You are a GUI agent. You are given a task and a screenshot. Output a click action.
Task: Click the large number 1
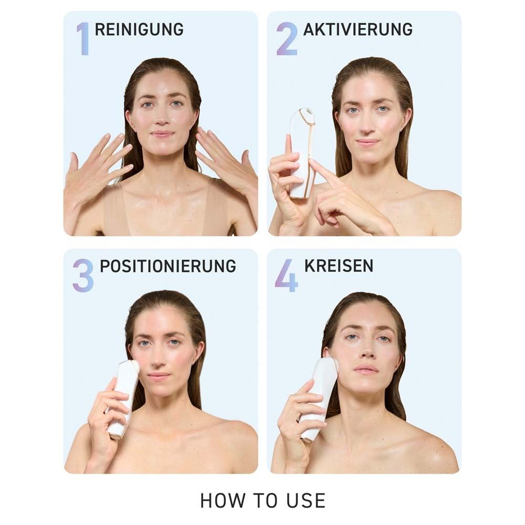[82, 38]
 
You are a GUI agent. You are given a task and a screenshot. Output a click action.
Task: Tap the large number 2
[287, 38]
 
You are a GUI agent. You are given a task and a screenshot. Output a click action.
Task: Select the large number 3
[83, 275]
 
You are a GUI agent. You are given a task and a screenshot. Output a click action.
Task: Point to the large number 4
[287, 275]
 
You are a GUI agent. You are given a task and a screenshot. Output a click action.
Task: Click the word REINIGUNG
[139, 29]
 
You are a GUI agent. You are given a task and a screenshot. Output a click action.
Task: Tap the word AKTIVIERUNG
[358, 29]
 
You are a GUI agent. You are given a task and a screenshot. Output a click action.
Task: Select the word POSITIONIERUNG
[168, 266]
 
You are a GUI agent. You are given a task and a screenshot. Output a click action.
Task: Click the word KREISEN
[339, 266]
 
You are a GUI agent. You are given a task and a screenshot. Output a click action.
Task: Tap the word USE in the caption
[304, 500]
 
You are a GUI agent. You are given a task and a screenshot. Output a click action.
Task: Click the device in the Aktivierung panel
[302, 152]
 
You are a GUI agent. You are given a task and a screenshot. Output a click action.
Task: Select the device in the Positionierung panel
[123, 396]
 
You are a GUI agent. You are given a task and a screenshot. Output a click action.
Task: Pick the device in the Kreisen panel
[319, 396]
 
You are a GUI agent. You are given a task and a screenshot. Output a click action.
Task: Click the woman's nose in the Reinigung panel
[163, 120]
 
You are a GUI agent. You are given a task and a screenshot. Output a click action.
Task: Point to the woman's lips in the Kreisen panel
[366, 370]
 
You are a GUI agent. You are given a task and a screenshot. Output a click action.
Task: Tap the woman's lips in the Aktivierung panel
[367, 142]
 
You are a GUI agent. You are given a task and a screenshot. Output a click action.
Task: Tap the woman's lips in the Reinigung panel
[162, 134]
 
